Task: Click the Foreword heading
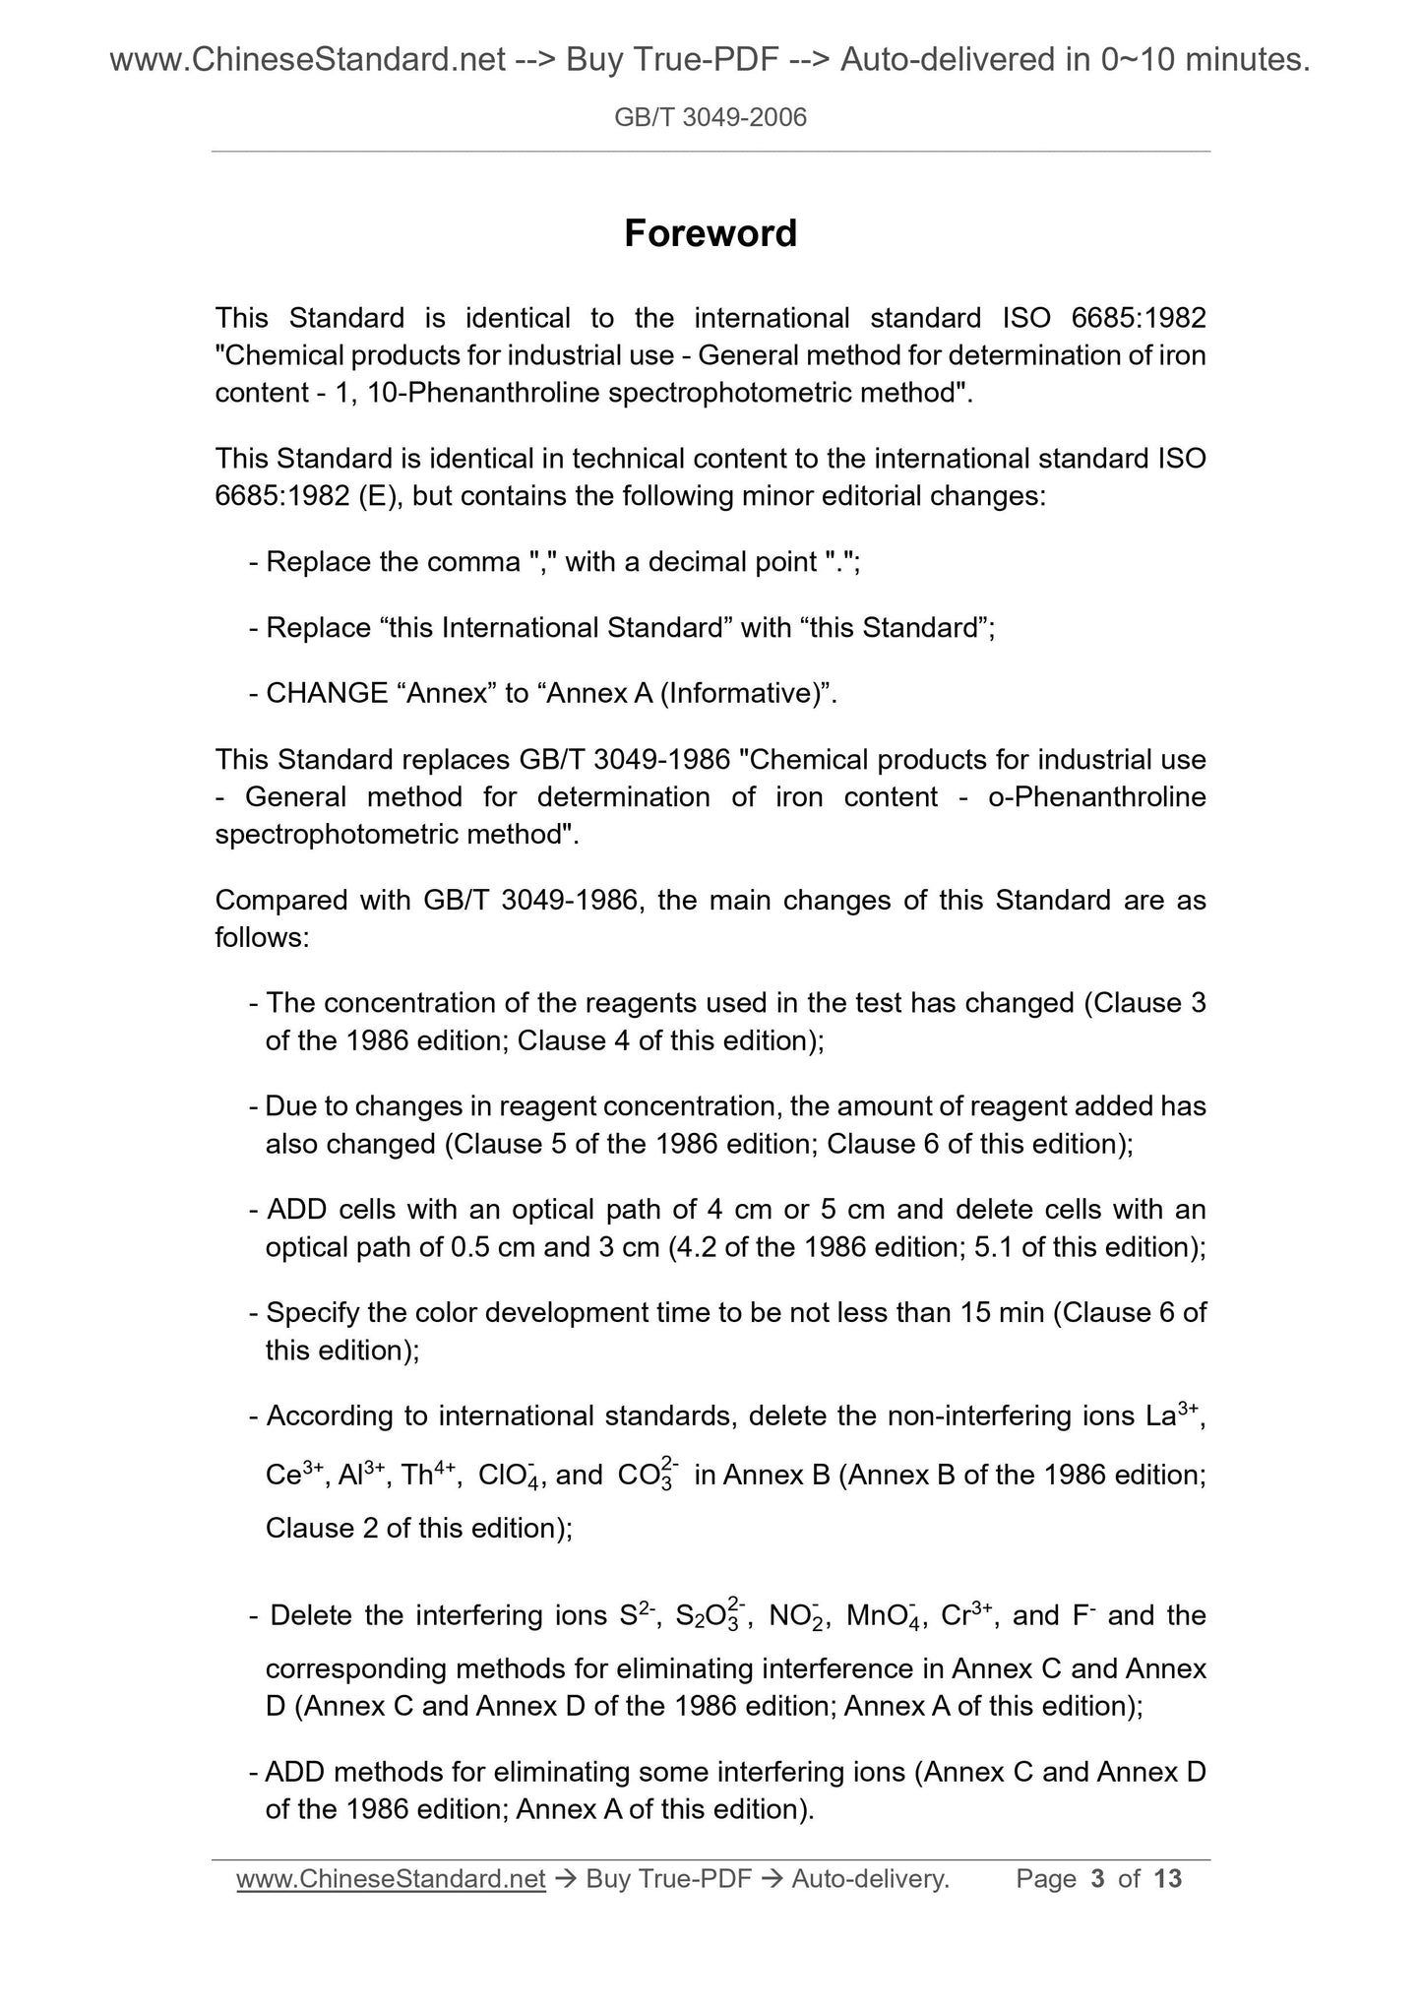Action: pos(711,233)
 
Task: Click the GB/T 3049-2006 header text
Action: pos(711,118)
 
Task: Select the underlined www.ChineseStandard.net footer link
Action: pos(391,1879)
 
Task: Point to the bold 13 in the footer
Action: pos(1167,1879)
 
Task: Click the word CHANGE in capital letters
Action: pos(327,694)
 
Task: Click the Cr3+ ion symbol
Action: pos(967,1615)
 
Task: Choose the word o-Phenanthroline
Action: pos(1096,797)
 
